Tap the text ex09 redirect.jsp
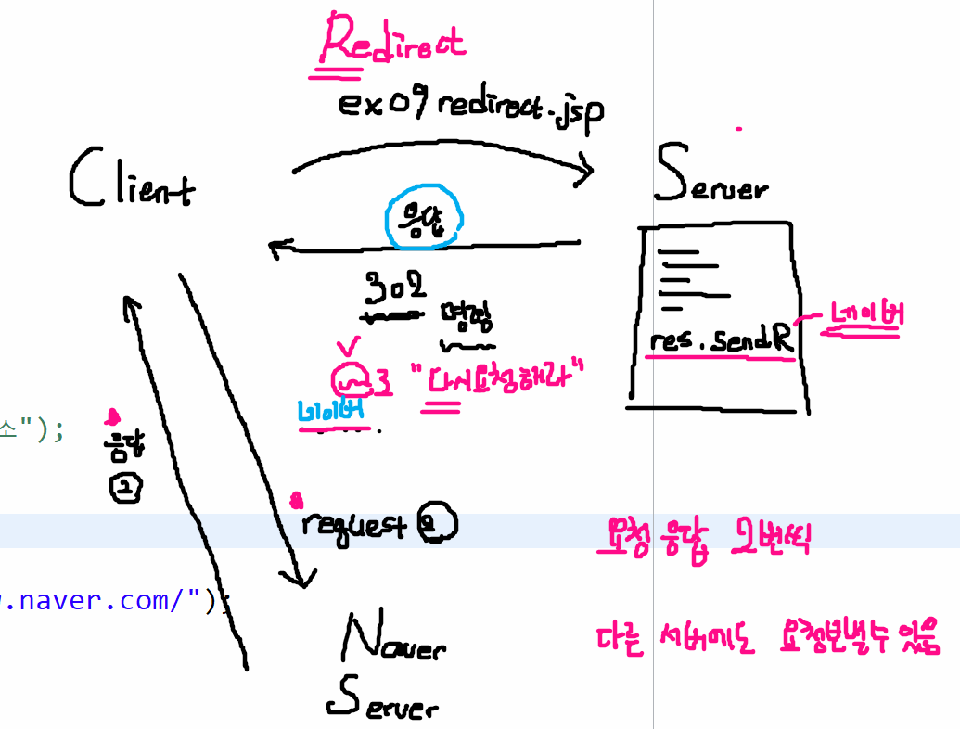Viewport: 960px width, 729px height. (471, 107)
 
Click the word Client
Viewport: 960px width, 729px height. (132, 180)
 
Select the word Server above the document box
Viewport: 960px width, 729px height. (710, 177)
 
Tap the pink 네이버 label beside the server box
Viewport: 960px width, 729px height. (865, 316)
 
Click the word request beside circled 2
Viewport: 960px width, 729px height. (353, 526)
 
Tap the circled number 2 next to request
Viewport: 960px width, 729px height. (436, 523)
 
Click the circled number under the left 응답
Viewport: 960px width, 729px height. (125, 488)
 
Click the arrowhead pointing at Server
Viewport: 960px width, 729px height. (584, 171)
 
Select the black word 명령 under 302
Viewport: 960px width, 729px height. (467, 318)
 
